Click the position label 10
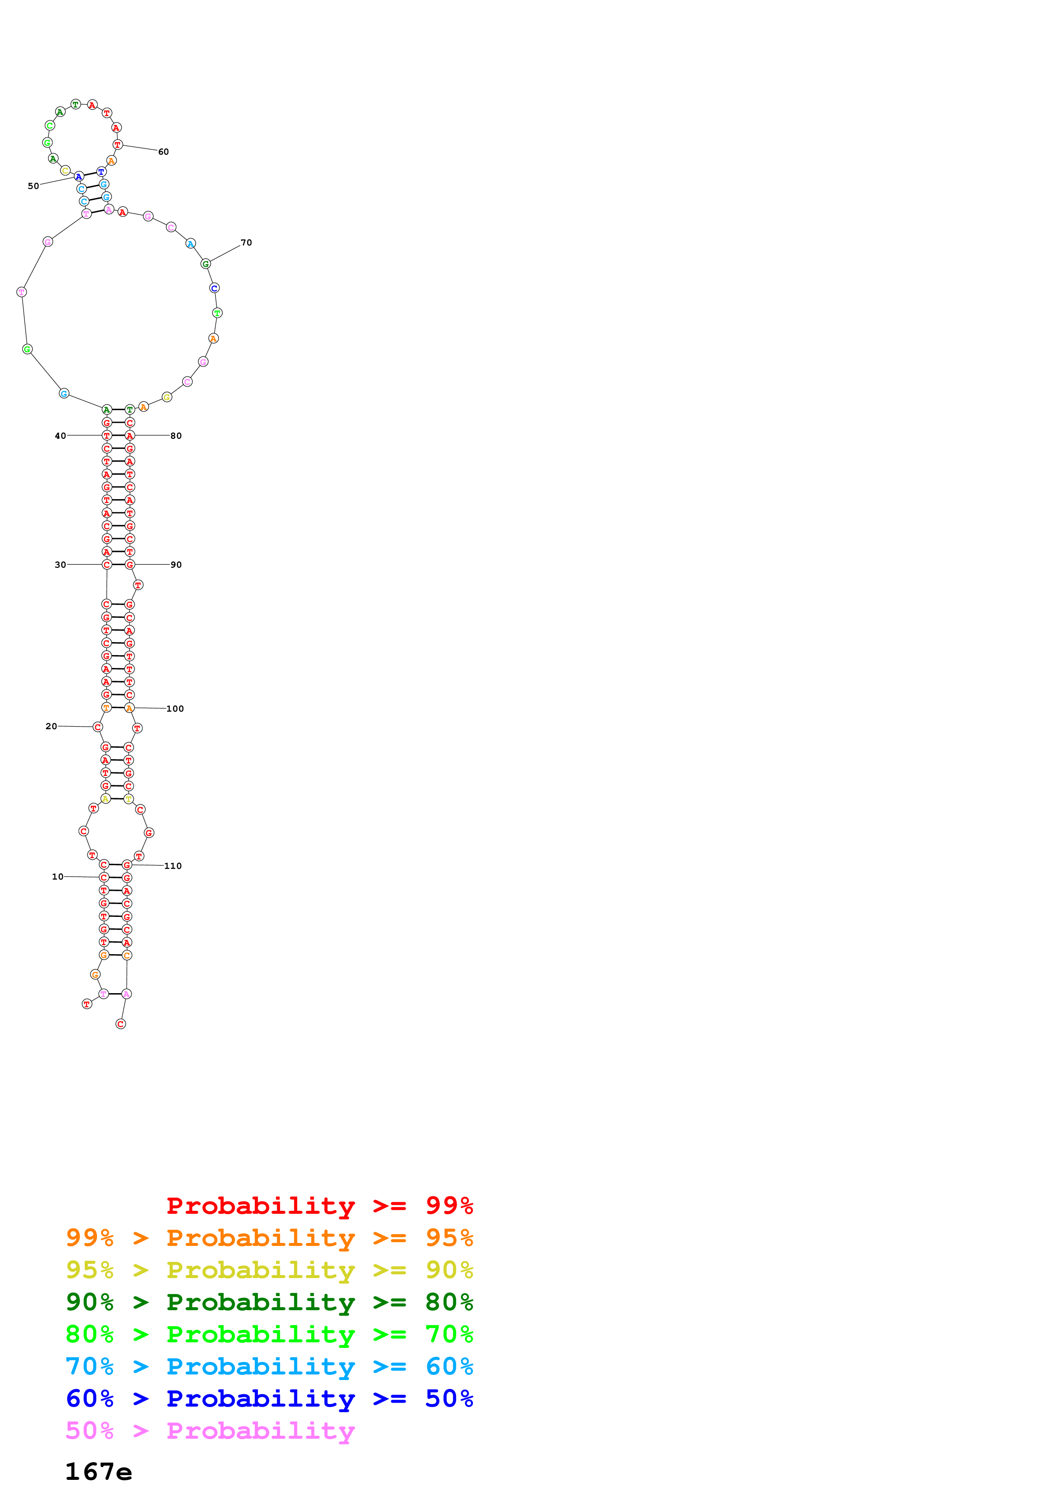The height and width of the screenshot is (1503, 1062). point(57,877)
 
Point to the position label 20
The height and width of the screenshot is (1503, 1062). point(51,726)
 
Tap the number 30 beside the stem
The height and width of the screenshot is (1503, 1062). point(60,564)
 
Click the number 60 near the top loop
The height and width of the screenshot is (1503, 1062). point(164,152)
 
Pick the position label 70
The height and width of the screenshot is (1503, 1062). point(246,242)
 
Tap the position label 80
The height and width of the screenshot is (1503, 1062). point(176,435)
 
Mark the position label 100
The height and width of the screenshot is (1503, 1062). point(175,708)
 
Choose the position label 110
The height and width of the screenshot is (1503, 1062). point(173,865)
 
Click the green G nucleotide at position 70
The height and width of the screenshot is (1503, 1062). point(206,264)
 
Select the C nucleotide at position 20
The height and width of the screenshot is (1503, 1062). point(98,727)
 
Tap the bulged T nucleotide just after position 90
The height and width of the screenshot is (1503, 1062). point(138,584)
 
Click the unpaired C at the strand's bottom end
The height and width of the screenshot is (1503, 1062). point(120,1024)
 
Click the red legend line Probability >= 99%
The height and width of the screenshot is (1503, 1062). point(319,1205)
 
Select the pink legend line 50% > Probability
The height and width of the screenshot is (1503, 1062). point(209,1430)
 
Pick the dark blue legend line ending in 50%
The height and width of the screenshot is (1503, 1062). point(269,1398)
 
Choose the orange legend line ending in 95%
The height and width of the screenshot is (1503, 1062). point(269,1237)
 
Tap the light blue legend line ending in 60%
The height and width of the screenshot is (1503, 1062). point(269,1366)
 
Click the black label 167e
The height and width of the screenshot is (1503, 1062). point(98,1472)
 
